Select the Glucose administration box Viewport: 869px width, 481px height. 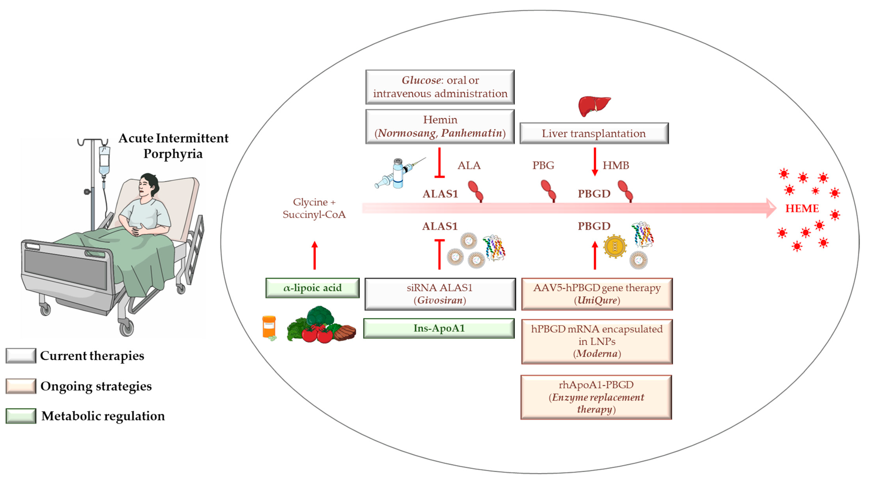click(x=440, y=87)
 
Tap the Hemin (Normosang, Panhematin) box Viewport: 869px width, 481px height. click(x=440, y=127)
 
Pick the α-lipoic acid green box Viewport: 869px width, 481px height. click(x=312, y=288)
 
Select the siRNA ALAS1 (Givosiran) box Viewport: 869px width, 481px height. click(x=440, y=294)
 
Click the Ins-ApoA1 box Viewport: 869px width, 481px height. click(x=439, y=328)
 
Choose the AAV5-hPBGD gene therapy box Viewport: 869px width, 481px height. click(x=597, y=294)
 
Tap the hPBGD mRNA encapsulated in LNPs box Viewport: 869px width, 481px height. click(x=597, y=341)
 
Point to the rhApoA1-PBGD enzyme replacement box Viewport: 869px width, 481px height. click(x=596, y=397)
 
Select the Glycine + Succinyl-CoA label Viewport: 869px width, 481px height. click(x=314, y=208)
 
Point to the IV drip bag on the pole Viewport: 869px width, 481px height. click(x=104, y=160)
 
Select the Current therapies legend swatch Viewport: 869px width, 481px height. click(x=21, y=356)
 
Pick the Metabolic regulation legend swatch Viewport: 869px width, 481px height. click(x=21, y=416)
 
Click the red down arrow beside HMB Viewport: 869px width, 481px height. click(x=595, y=162)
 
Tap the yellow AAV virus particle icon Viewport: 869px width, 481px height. click(x=615, y=246)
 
